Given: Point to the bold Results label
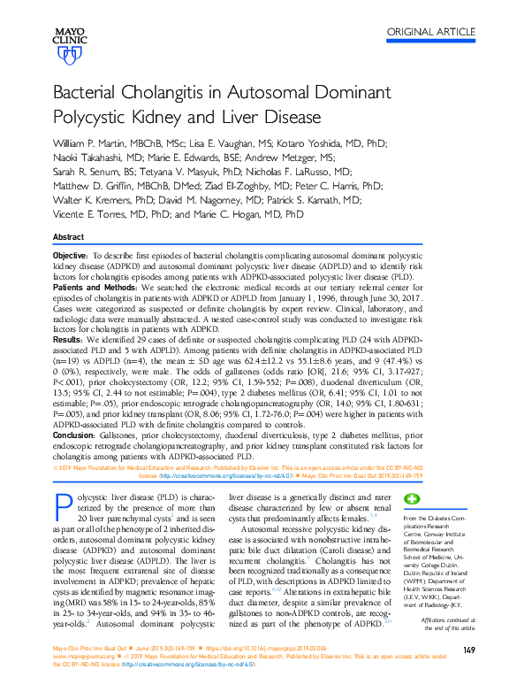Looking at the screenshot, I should pos(69,339).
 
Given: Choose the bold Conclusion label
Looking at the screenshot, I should pos(77,433).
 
